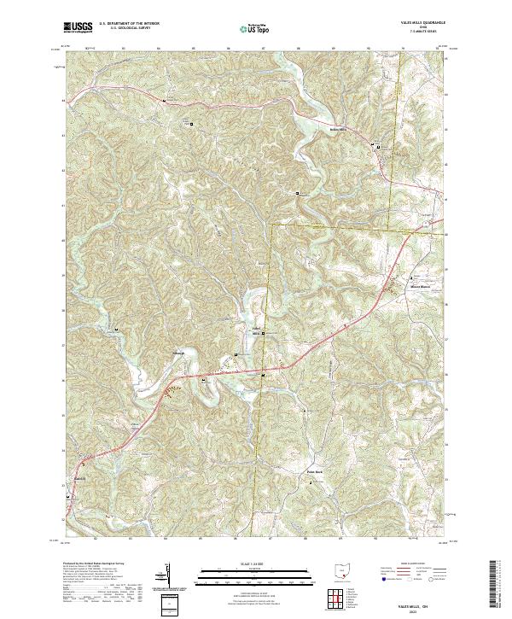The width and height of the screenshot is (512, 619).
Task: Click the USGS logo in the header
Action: point(78,27)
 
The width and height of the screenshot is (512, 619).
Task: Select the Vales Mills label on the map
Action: point(253,331)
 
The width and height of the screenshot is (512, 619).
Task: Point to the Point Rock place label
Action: point(315,471)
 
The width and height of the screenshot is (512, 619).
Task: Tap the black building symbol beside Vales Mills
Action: point(263,333)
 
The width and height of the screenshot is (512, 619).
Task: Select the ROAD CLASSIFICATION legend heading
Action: point(411,565)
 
